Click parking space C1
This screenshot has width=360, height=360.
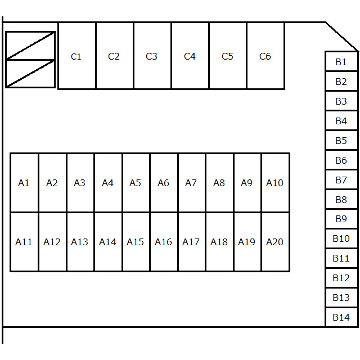77,56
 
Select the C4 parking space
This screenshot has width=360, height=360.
190,56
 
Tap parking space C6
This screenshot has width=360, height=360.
265,56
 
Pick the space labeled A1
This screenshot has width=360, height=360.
24,183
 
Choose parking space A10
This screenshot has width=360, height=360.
276,183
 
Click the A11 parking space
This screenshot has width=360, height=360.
24,242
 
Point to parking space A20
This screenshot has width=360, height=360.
276,242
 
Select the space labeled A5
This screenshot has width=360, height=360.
136,183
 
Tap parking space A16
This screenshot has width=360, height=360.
164,242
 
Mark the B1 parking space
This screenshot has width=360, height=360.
341,61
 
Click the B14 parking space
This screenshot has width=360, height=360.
341,317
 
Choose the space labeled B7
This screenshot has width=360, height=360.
341,179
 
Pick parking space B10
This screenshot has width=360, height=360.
341,238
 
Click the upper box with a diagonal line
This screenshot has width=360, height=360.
30,46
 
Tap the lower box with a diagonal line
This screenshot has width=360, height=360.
30,74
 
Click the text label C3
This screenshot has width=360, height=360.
151,56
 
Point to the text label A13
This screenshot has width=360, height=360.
79,242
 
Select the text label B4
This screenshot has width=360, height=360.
341,121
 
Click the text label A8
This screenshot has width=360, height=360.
219,183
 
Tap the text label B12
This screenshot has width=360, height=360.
341,278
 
